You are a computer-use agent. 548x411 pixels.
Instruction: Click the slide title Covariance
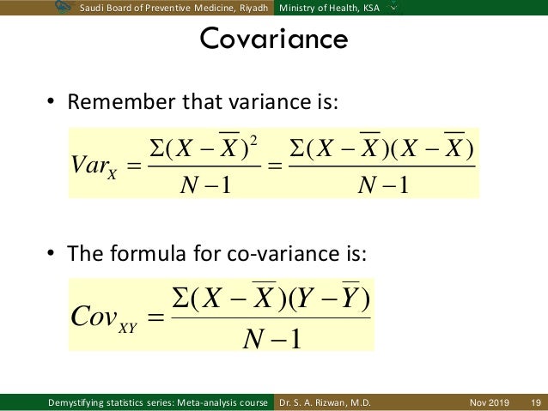(273, 39)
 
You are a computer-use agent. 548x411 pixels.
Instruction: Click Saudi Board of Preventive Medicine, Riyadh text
(176, 8)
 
